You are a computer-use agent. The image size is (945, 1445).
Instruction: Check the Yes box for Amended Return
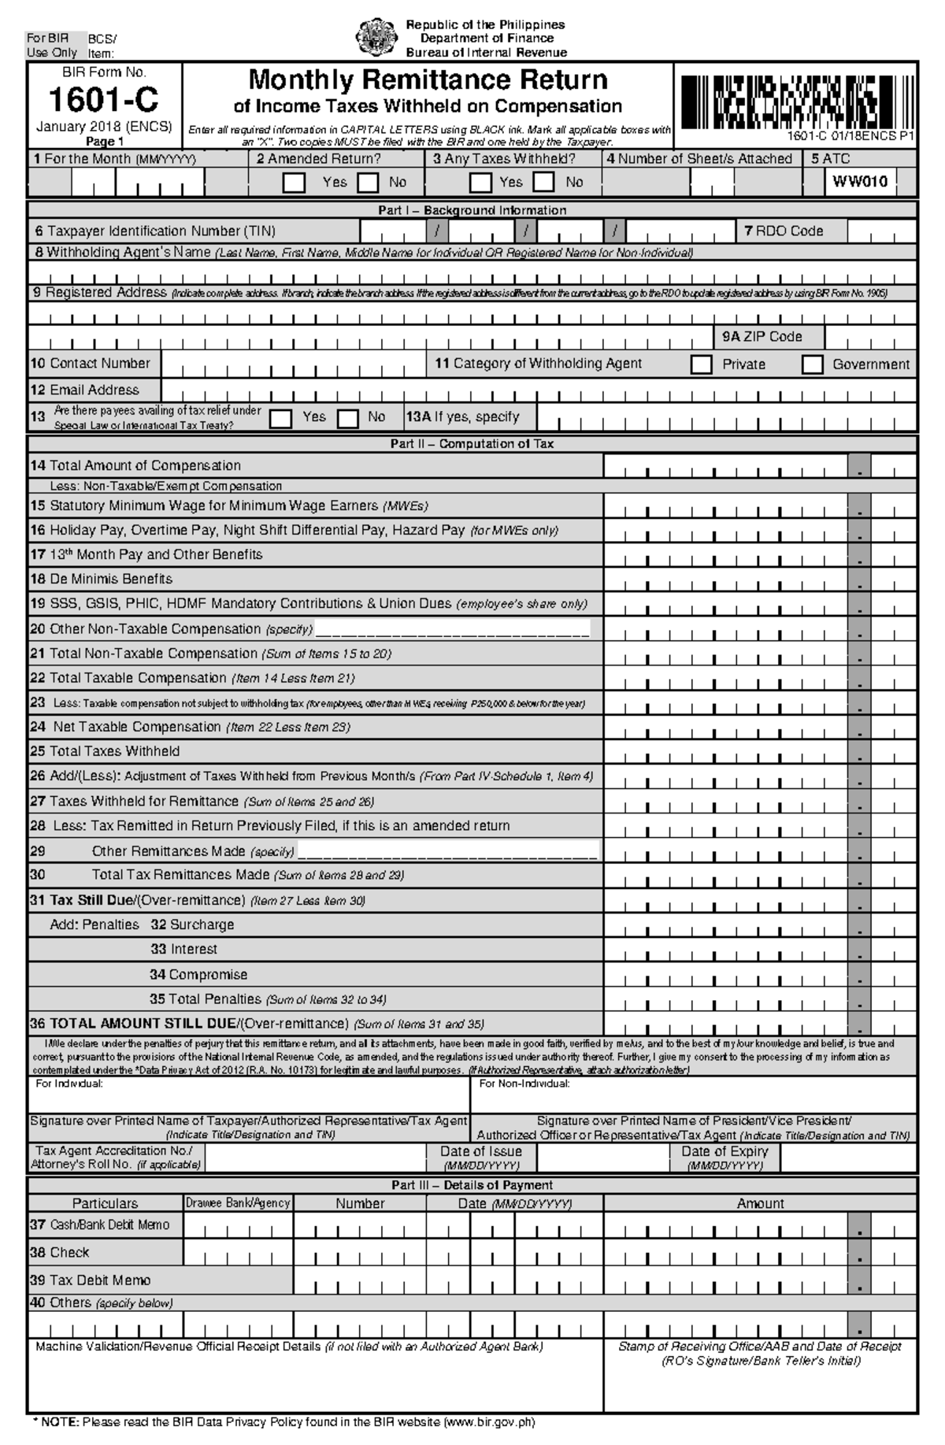coord(294,183)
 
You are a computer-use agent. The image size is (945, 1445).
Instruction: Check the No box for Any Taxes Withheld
coord(543,183)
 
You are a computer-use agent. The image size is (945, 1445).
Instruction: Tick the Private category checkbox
coord(701,365)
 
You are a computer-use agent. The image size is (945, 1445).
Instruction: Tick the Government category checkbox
coord(812,365)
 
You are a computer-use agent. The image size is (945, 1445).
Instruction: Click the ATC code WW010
coord(860,183)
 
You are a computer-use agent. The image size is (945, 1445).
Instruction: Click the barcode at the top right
coord(795,102)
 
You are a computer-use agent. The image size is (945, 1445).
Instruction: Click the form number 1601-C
coord(103,100)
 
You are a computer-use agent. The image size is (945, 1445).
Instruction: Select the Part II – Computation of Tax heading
coord(472,444)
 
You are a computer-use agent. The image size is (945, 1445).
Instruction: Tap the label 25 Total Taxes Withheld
coord(105,751)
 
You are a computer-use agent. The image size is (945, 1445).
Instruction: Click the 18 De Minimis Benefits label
coord(102,580)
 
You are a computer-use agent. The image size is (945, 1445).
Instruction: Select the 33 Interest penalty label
coord(183,950)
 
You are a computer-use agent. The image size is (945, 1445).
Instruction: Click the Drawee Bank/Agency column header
coord(238,1203)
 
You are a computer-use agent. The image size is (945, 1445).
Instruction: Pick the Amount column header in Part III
coord(760,1203)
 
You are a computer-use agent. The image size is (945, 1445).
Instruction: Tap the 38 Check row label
coord(60,1253)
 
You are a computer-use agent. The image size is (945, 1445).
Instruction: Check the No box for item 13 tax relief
coord(348,418)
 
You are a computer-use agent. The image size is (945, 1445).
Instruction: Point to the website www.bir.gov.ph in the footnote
coord(489,1423)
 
